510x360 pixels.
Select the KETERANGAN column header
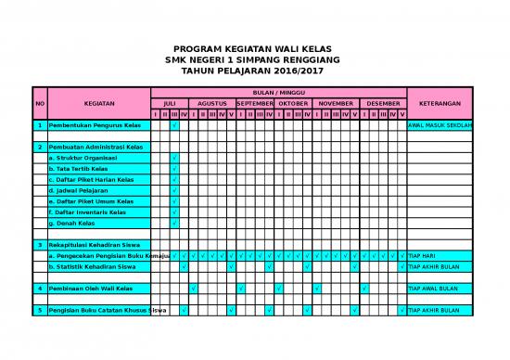(x=440, y=103)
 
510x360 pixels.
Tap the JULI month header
(x=169, y=103)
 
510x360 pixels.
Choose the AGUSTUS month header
(x=211, y=103)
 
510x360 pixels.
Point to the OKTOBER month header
(x=293, y=103)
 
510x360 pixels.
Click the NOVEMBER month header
(x=336, y=103)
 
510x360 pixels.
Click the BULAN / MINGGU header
(x=278, y=93)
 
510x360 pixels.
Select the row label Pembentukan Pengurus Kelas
(x=95, y=124)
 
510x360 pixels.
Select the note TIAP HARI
(x=422, y=255)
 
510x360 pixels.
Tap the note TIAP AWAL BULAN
(x=434, y=289)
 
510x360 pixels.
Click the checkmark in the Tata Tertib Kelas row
(x=174, y=169)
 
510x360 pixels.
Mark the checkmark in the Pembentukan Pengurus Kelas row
(x=174, y=124)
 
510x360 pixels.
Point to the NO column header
(x=39, y=103)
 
